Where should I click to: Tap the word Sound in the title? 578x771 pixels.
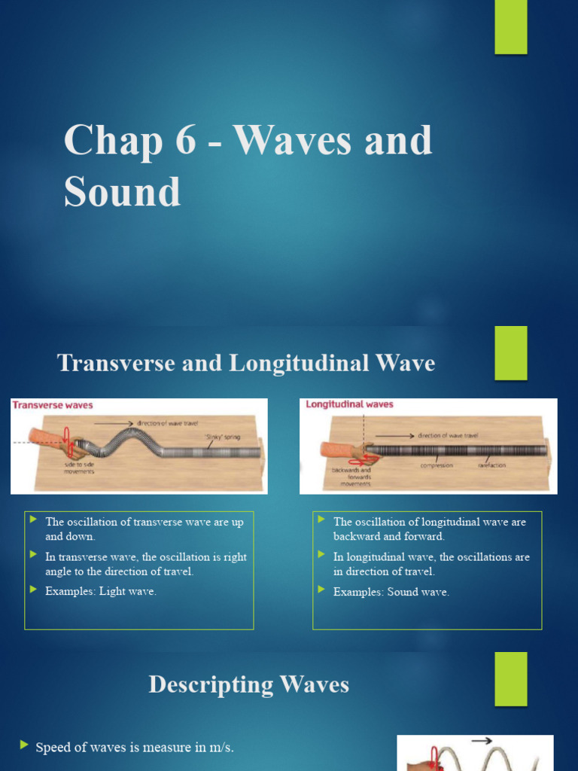pos(122,191)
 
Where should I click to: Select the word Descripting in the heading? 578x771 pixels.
pos(211,684)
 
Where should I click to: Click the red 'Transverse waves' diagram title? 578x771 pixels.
pos(53,405)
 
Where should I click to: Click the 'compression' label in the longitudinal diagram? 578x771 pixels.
pos(437,465)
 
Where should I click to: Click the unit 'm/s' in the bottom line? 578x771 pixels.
pos(218,747)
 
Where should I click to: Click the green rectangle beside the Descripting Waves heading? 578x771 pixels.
pos(511,678)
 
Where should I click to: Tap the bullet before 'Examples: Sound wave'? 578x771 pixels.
pos(322,590)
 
